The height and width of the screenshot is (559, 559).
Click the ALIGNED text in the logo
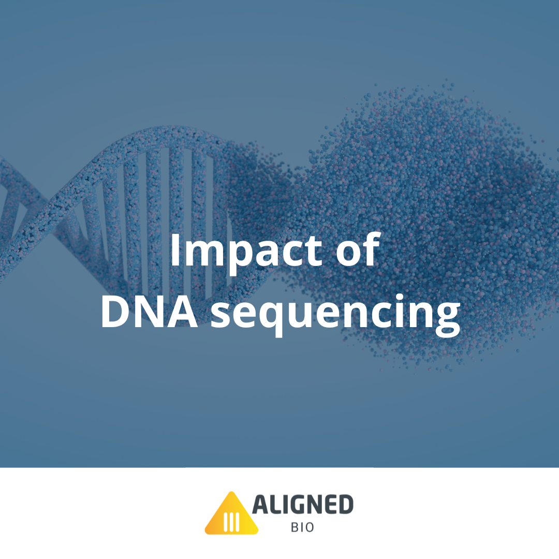[302, 505]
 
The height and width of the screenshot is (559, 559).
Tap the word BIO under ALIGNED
[302, 528]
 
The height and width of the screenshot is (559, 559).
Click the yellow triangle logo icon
[231, 514]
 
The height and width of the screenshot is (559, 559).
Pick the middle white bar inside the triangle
[231, 522]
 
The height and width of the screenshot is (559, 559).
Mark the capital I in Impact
[175, 251]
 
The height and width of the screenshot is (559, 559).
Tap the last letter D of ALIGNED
[345, 505]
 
